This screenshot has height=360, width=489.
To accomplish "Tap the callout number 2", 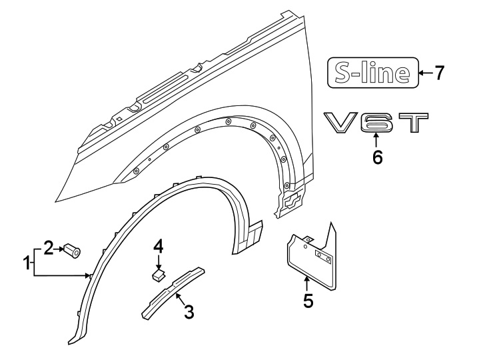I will pos(48,249).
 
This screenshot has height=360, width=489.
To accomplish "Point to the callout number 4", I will pos(158,247).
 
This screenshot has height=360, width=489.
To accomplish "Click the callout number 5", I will pos(308,301).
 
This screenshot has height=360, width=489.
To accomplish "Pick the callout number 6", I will pos(377,158).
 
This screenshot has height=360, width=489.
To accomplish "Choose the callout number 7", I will pos(439,73).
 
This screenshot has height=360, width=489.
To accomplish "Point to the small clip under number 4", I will pos(157,273).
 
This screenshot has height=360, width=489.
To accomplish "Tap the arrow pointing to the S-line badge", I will pos(424,73).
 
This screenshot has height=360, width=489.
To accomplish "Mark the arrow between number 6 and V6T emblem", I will pos(376,141).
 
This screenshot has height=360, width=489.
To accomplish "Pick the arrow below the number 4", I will pos(158,261).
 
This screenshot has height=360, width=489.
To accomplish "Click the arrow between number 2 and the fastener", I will pos(58,249).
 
